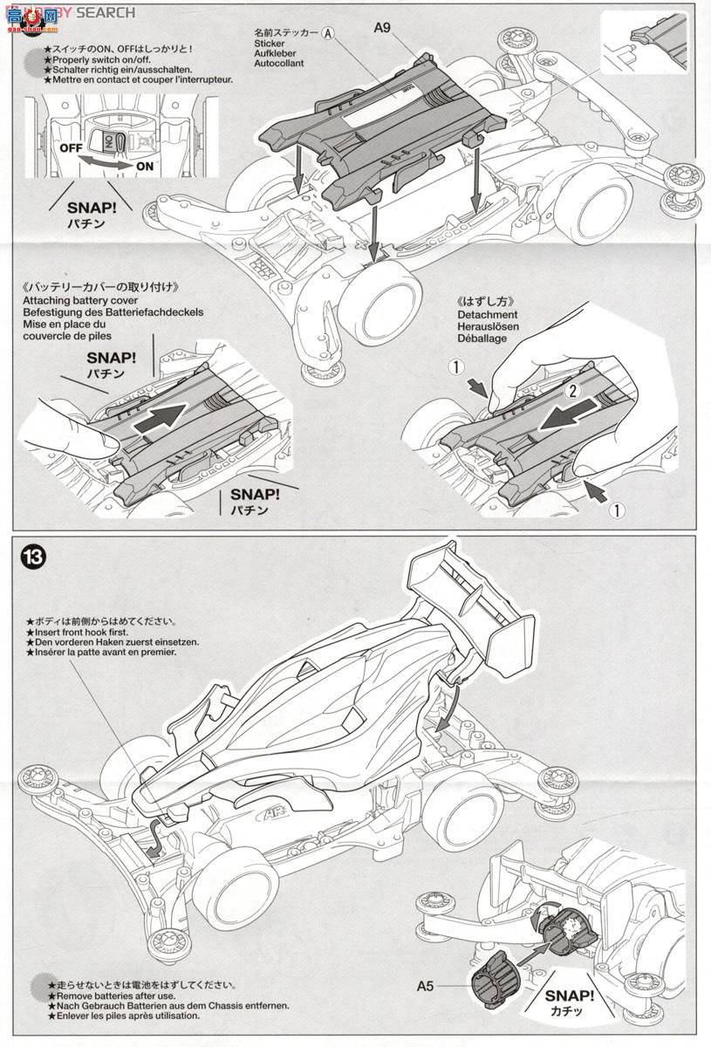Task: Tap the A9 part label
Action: (382, 28)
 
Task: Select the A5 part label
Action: (425, 988)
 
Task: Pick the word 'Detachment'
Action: (486, 314)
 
